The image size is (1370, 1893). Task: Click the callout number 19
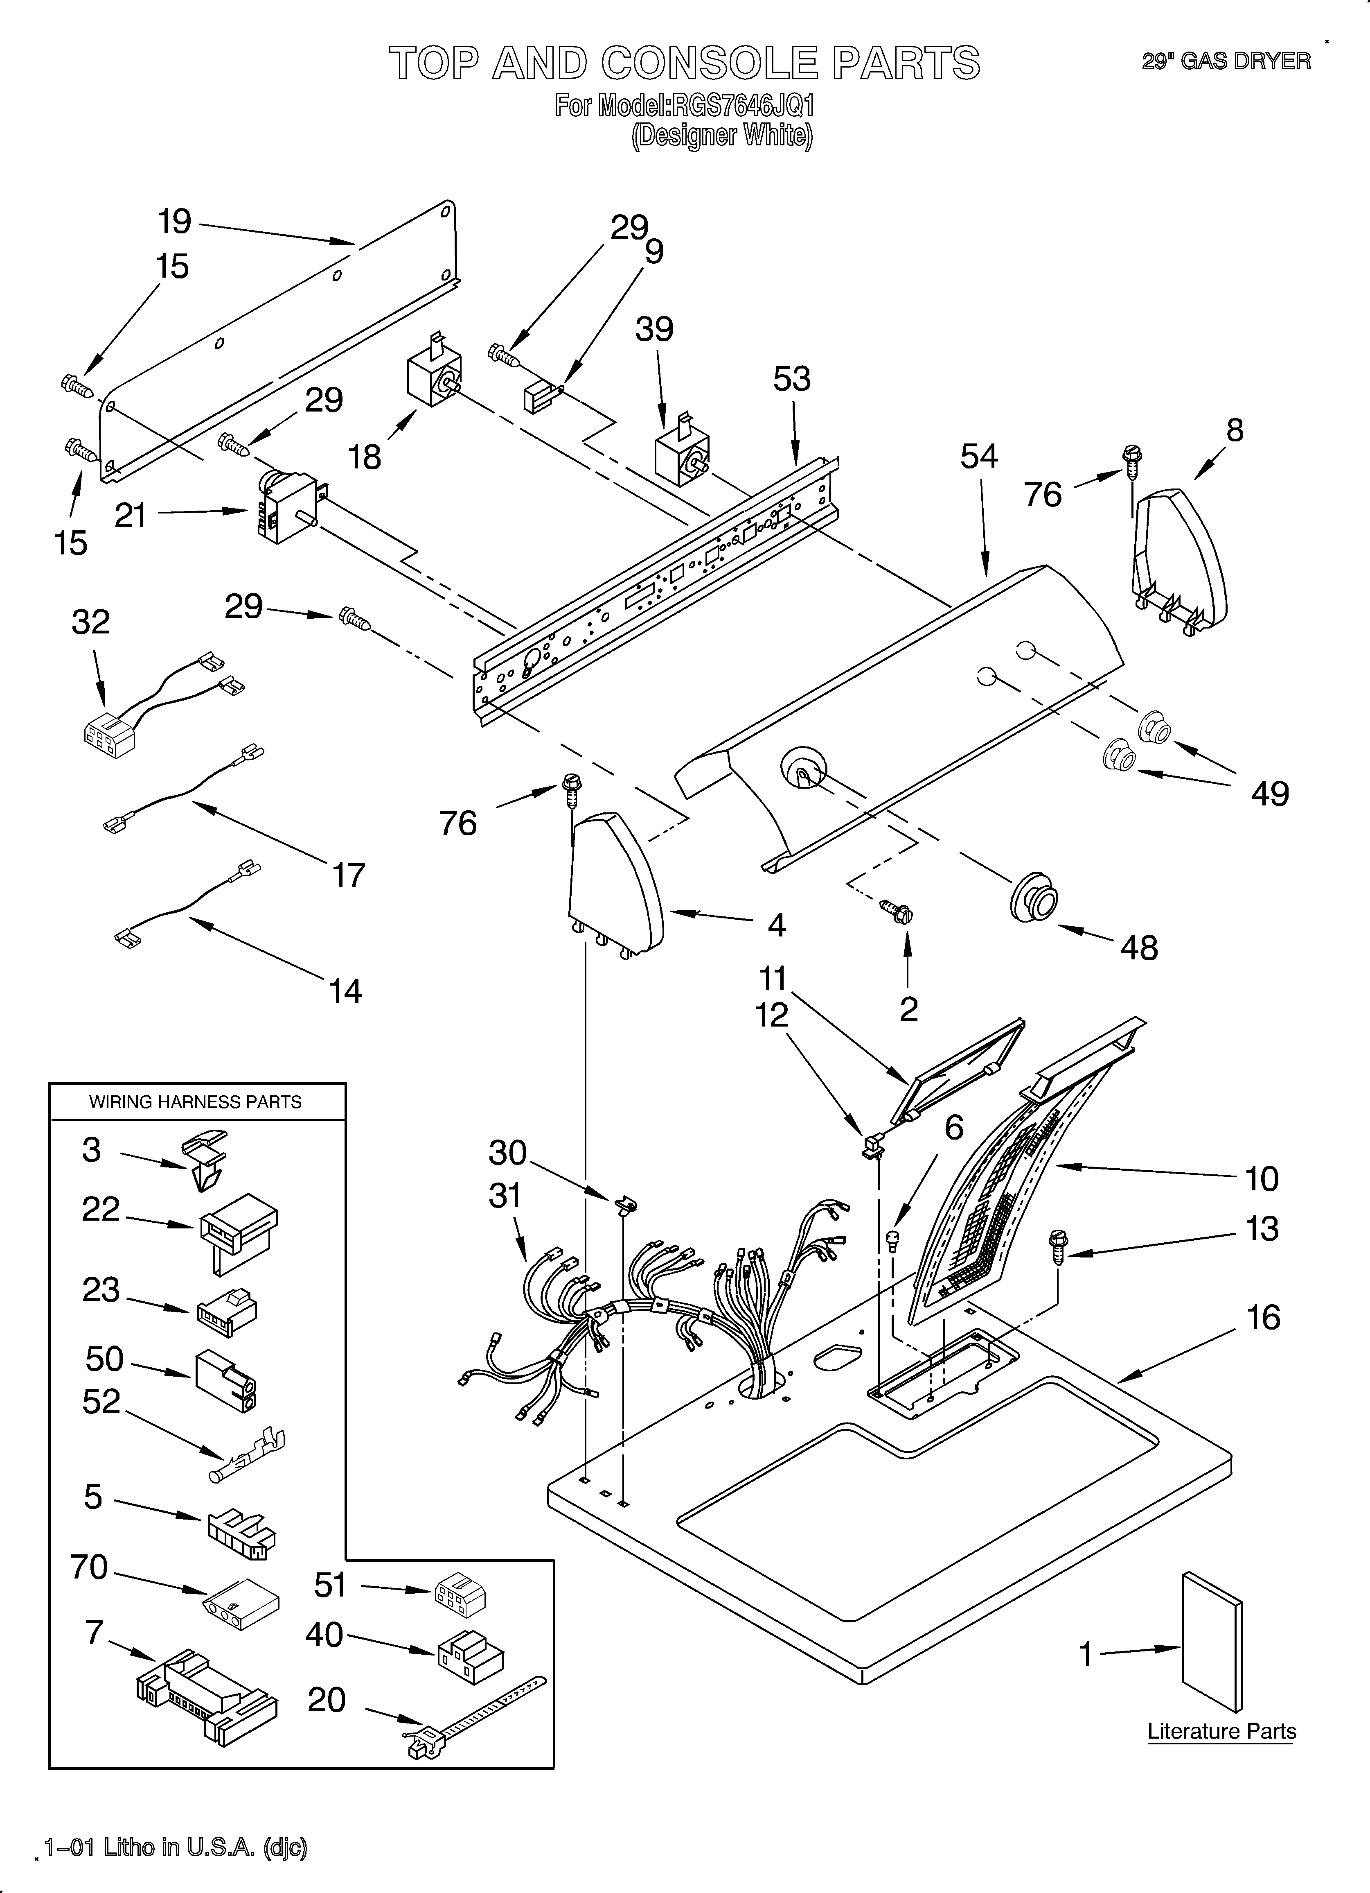(x=174, y=222)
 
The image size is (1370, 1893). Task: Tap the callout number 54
(x=979, y=457)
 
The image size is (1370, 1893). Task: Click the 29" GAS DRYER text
(x=1226, y=61)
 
